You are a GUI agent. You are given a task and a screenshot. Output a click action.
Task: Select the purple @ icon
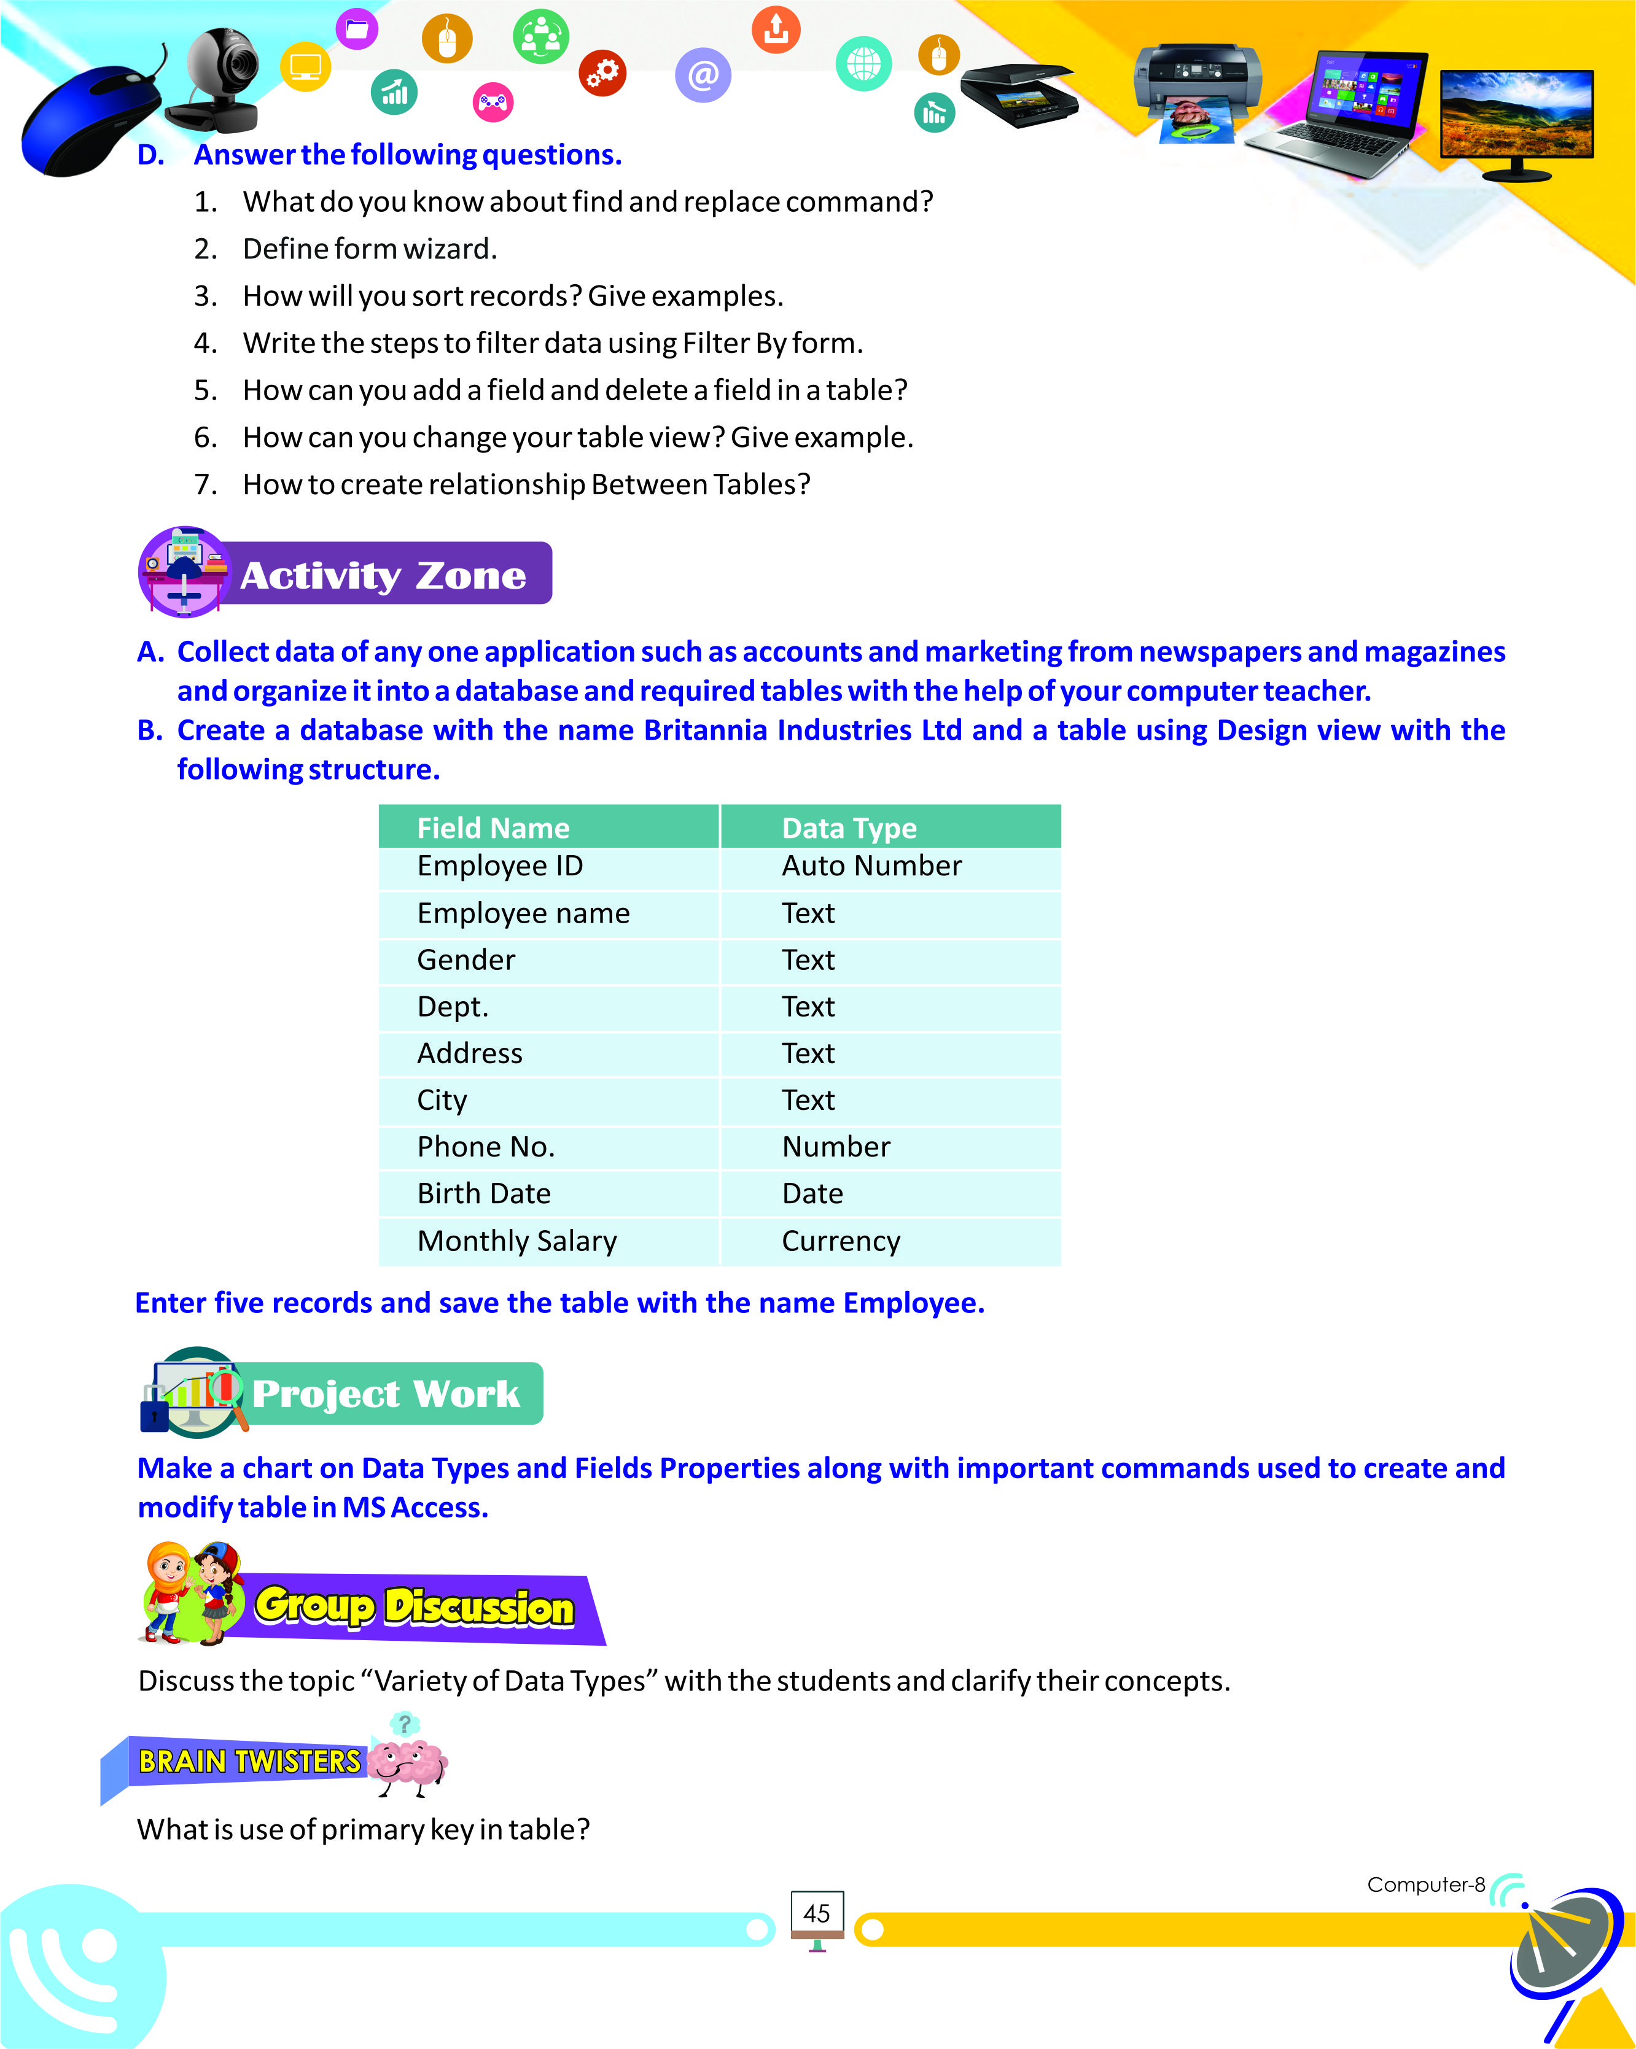[x=703, y=75]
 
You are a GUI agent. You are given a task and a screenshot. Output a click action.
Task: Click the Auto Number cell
[x=871, y=866]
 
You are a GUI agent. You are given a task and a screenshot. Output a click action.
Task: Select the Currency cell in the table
[x=840, y=1241]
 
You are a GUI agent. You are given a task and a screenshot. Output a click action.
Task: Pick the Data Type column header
[x=849, y=828]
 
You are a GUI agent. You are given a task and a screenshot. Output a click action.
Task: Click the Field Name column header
[x=493, y=828]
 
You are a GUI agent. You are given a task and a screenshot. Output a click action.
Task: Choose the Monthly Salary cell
[x=517, y=1241]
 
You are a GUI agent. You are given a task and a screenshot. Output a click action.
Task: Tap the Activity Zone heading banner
[x=382, y=575]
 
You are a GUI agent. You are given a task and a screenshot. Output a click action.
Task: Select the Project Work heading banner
[x=385, y=1393]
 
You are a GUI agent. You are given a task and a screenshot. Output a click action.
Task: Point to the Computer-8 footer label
[x=1425, y=1884]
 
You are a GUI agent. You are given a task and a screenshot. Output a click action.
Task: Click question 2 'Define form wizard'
[x=370, y=249]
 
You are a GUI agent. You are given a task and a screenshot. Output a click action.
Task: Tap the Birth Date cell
[x=484, y=1194]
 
